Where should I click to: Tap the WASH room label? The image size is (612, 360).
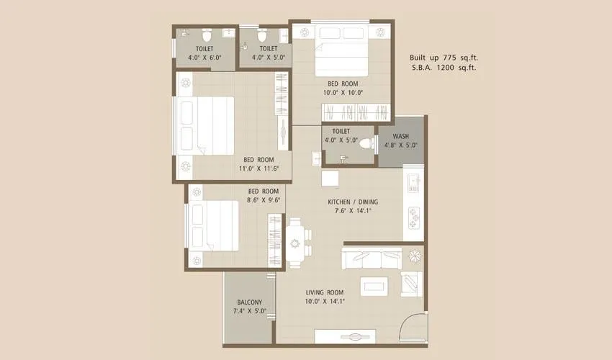(x=400, y=137)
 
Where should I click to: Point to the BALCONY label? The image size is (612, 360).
(x=249, y=302)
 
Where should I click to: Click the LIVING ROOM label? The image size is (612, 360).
(x=325, y=292)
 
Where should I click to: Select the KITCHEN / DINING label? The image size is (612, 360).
(x=353, y=202)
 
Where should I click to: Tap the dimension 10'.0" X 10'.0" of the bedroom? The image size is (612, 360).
(x=343, y=92)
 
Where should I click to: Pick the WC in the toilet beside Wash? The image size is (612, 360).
(x=366, y=143)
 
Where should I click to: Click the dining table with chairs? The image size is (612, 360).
(x=295, y=243)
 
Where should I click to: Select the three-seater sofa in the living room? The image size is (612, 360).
(x=372, y=257)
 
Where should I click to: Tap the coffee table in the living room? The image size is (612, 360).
(x=375, y=285)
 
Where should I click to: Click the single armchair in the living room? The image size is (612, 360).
(x=411, y=284)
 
